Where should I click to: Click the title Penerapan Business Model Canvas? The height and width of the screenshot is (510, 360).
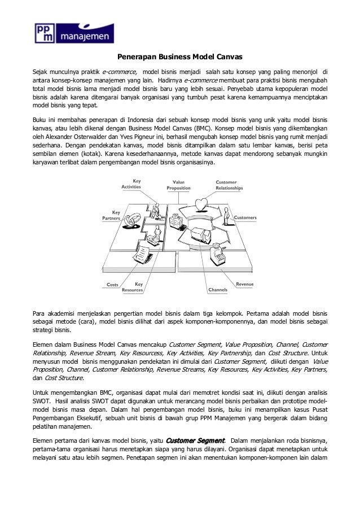point(179,57)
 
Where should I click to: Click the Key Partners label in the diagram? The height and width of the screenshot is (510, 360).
point(111,215)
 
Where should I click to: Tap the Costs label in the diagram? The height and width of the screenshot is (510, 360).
point(112,284)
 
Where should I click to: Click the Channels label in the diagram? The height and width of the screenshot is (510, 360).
point(217,289)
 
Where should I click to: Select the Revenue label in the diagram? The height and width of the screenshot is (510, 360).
point(244,283)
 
